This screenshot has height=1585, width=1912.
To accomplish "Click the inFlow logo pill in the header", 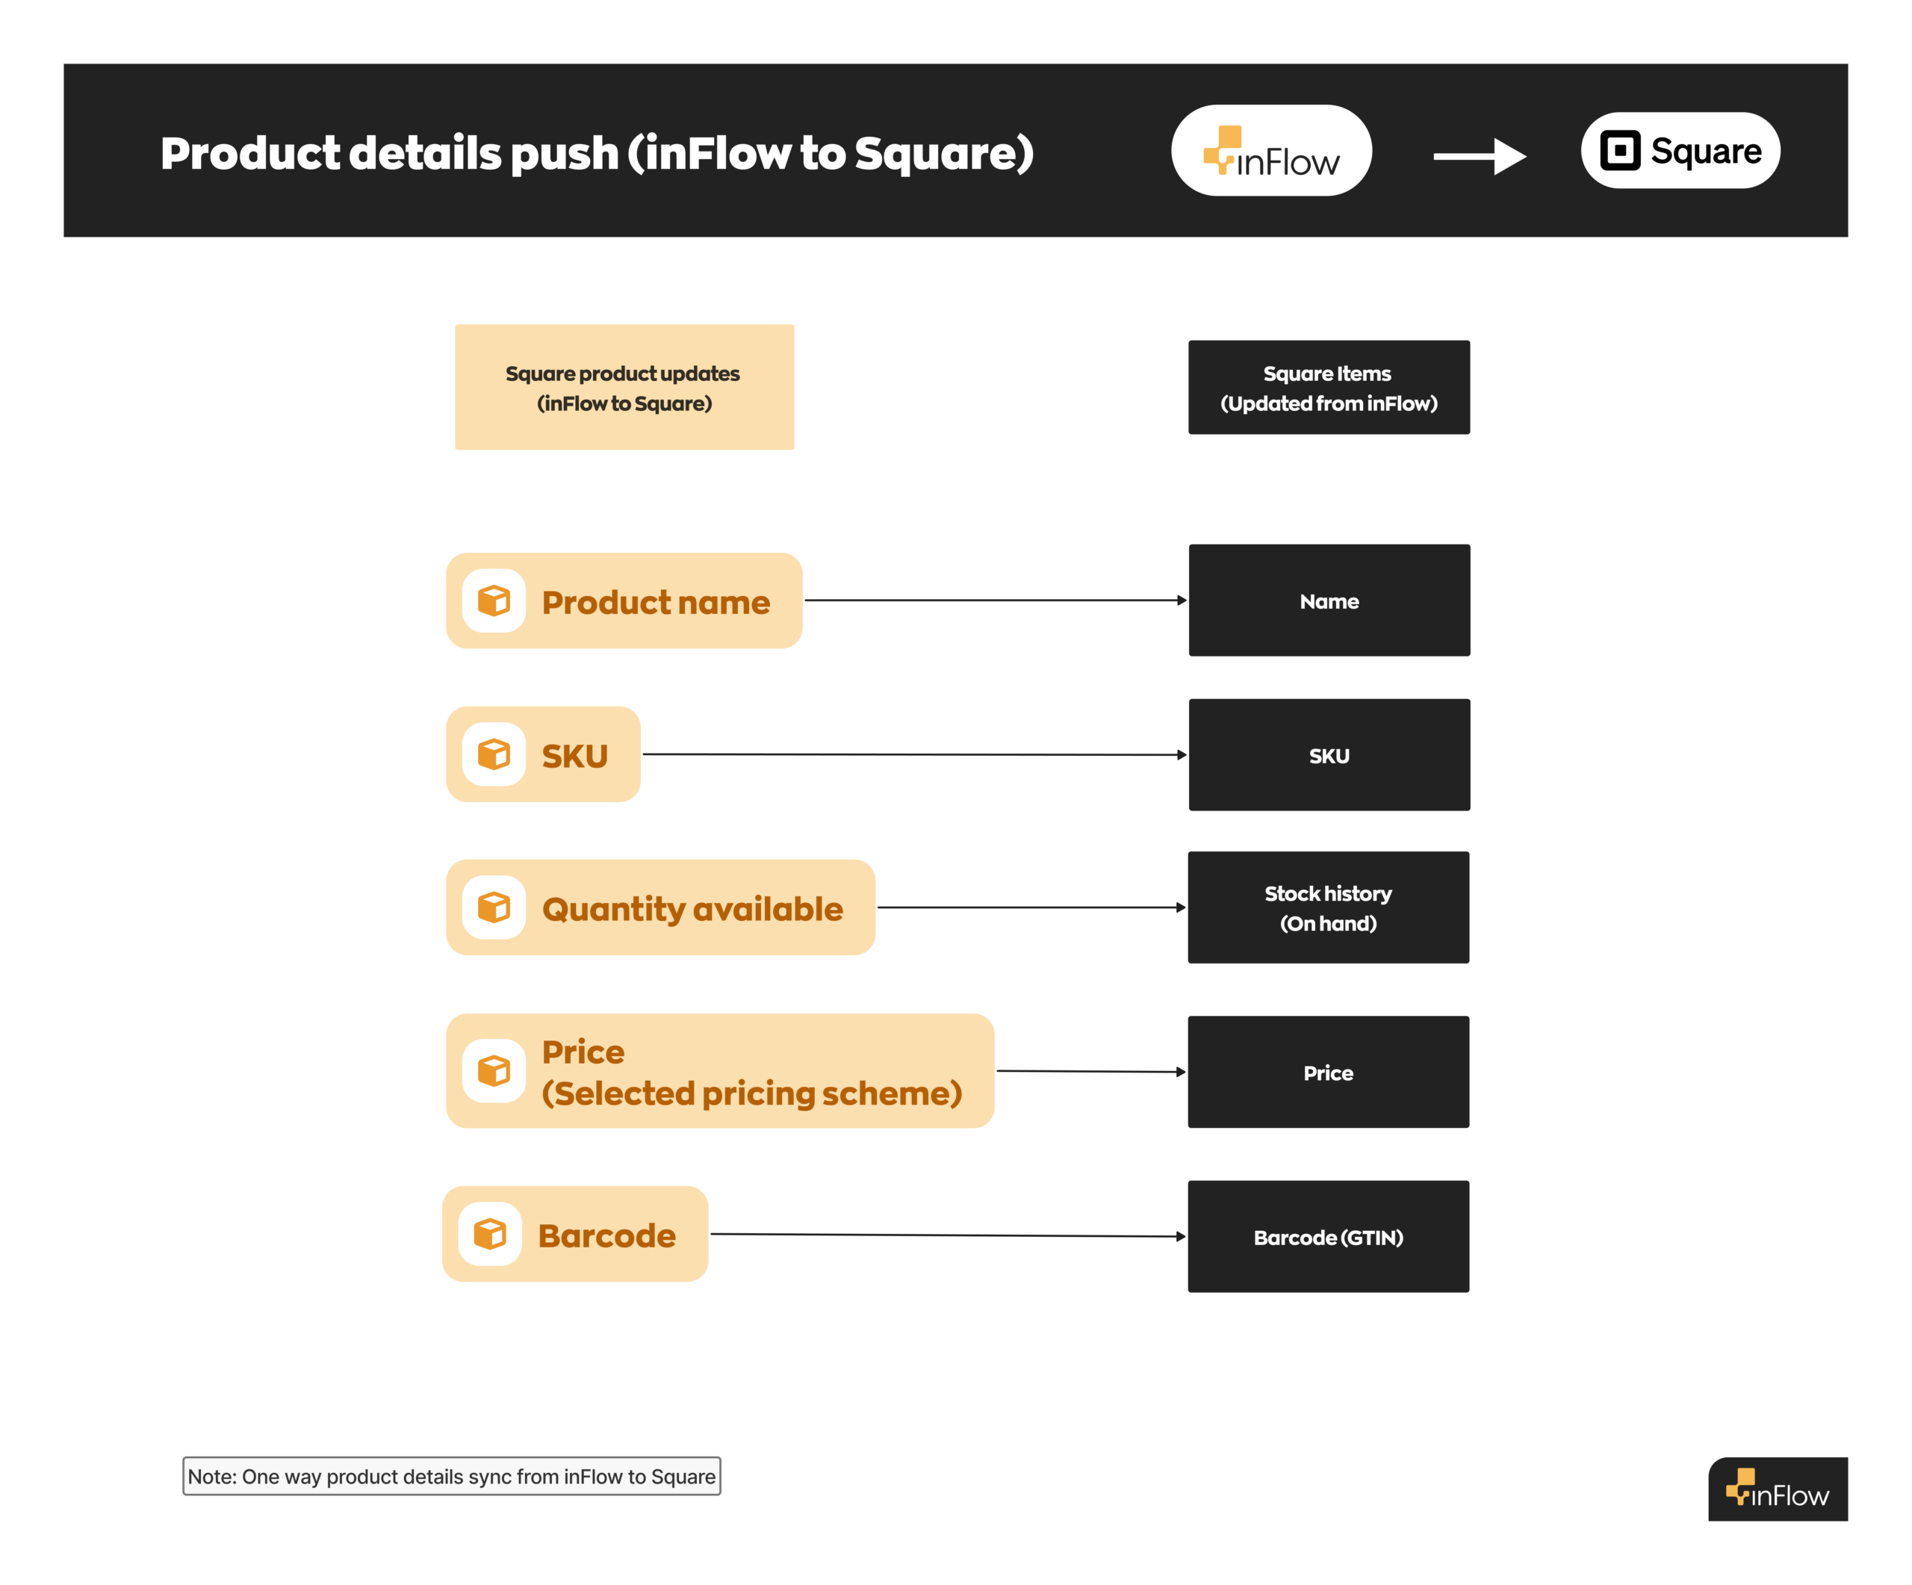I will pyautogui.click(x=1271, y=150).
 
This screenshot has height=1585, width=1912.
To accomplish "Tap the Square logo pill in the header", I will pyautogui.click(x=1680, y=150).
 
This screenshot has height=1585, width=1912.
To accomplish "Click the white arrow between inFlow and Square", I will pyautogui.click(x=1480, y=157).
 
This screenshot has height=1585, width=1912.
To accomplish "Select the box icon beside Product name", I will pyautogui.click(x=494, y=601).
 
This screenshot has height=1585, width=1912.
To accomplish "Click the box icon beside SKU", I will pyautogui.click(x=494, y=754).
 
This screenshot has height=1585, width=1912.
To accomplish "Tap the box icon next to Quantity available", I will pyautogui.click(x=494, y=908).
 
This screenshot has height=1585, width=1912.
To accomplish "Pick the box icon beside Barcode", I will pyautogui.click(x=490, y=1235).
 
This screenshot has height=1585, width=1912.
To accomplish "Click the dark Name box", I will pyautogui.click(x=1329, y=601).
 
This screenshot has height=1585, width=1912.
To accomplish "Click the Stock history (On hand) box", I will pyautogui.click(x=1329, y=908).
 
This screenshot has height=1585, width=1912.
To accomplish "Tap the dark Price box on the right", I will pyautogui.click(x=1329, y=1073).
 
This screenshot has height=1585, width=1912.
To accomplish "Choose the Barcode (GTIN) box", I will pyautogui.click(x=1329, y=1237).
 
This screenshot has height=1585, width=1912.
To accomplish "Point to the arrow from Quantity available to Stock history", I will pyautogui.click(x=1031, y=908).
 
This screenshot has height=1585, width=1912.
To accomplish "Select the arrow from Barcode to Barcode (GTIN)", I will pyautogui.click(x=947, y=1235).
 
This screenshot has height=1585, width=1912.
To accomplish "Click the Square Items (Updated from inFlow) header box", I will pyautogui.click(x=1329, y=388).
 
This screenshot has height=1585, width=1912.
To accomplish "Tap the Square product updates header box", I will pyautogui.click(x=624, y=388).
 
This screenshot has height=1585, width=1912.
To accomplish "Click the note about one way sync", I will pyautogui.click(x=452, y=1477).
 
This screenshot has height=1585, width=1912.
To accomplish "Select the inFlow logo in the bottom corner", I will pyautogui.click(x=1778, y=1489).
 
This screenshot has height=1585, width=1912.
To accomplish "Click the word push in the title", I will pyautogui.click(x=565, y=153).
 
